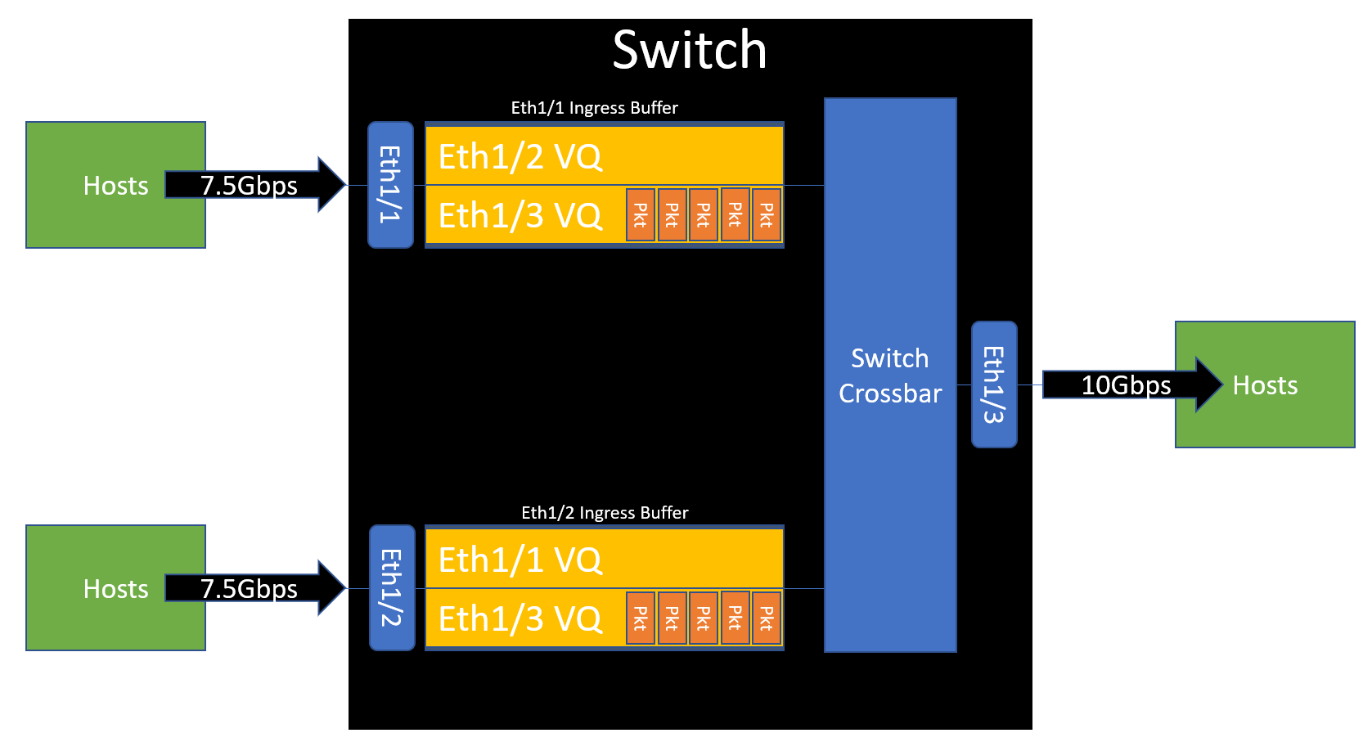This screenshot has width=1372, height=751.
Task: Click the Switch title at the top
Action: pyautogui.click(x=690, y=50)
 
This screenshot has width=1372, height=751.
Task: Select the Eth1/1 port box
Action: pyautogui.click(x=390, y=185)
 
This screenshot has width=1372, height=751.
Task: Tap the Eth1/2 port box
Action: pyautogui.click(x=392, y=587)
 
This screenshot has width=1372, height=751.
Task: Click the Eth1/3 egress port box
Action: pyautogui.click(x=994, y=384)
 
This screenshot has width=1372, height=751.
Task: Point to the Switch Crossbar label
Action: pyautogui.click(x=890, y=375)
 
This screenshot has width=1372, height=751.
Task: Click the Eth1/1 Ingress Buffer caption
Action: pyautogui.click(x=594, y=108)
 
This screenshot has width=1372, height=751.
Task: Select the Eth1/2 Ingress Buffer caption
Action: pyautogui.click(x=605, y=513)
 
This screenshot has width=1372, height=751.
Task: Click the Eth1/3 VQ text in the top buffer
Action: pyautogui.click(x=520, y=215)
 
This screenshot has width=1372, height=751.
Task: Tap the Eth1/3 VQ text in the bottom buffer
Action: pyautogui.click(x=520, y=618)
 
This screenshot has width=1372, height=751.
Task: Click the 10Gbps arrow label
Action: pyautogui.click(x=1126, y=384)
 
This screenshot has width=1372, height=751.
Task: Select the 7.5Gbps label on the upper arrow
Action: pyautogui.click(x=249, y=186)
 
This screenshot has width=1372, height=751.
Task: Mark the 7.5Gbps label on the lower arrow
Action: pyautogui.click(x=249, y=589)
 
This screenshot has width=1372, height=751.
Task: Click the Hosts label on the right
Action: pyautogui.click(x=1265, y=385)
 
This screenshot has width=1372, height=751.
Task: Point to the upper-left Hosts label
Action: pyautogui.click(x=115, y=186)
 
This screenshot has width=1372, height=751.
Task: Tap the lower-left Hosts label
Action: pyautogui.click(x=115, y=589)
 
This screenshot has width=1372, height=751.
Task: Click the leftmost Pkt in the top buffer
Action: pyautogui.click(x=641, y=215)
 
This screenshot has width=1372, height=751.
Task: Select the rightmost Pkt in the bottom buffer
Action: pyautogui.click(x=767, y=618)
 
